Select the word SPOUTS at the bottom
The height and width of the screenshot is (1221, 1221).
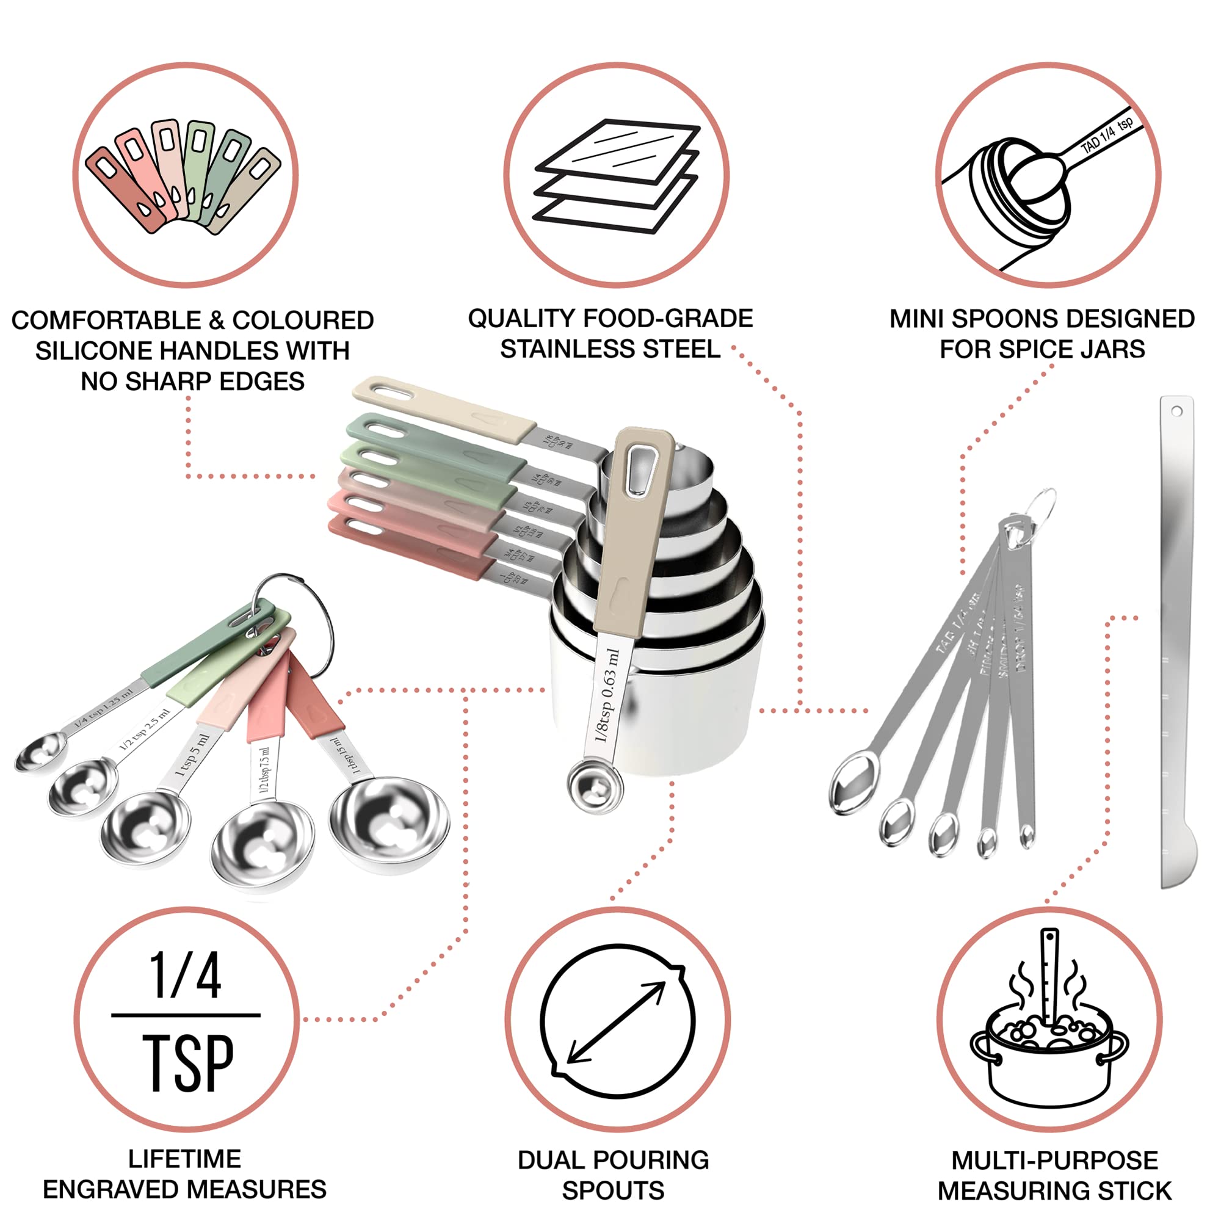(x=612, y=1190)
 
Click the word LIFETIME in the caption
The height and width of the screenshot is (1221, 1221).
(x=184, y=1159)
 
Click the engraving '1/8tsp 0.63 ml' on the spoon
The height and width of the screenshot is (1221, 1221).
(x=606, y=695)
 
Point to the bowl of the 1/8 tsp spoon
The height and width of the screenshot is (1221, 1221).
(x=594, y=786)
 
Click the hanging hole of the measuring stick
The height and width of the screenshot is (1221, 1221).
(x=1177, y=411)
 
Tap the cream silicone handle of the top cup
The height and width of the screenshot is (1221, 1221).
(x=443, y=407)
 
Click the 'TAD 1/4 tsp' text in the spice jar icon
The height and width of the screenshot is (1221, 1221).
(x=1106, y=137)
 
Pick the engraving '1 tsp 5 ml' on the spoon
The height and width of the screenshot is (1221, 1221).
(x=192, y=755)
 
